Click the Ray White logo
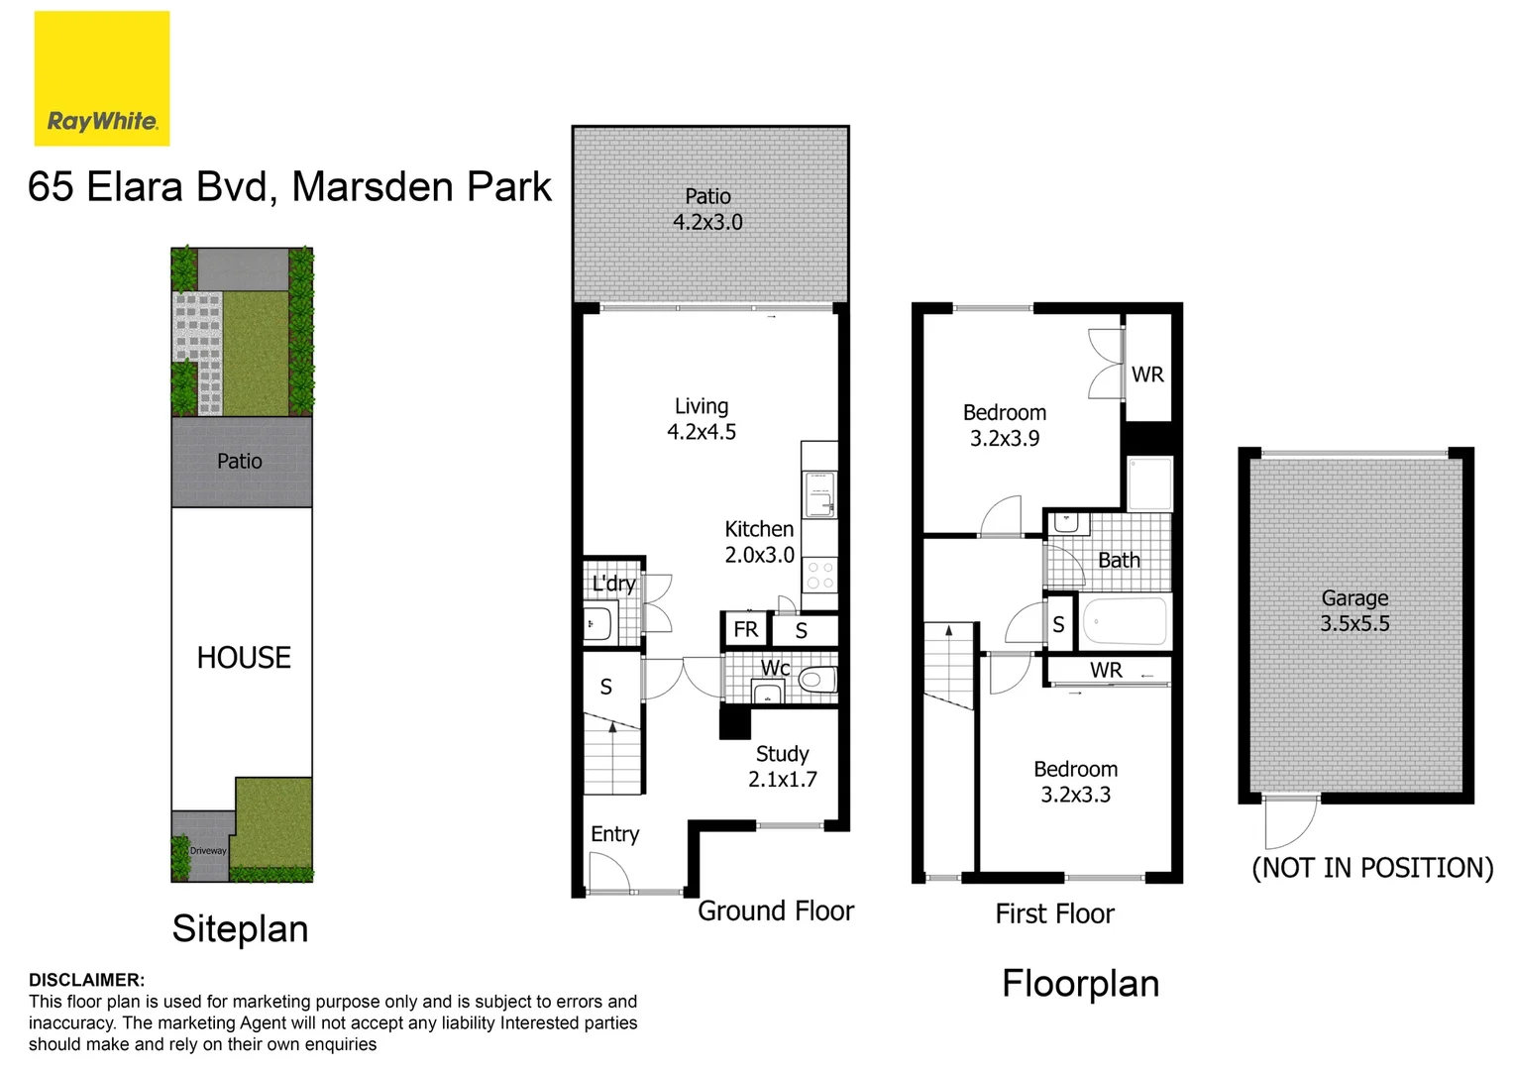point(102,79)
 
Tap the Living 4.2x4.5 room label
point(702,419)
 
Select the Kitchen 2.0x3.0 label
point(759,542)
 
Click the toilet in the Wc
point(814,680)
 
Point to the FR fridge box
point(745,629)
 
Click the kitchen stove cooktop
point(819,576)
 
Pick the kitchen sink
point(819,494)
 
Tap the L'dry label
point(613,584)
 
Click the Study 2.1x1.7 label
point(782,767)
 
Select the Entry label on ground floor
point(614,834)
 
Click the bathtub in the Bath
point(1125,622)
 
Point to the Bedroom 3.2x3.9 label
point(1005,425)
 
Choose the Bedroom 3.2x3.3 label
point(1075,782)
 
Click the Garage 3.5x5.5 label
point(1354,610)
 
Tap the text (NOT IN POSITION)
point(1372,868)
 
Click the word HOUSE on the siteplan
point(244,658)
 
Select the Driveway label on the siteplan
point(208,850)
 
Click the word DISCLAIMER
point(86,980)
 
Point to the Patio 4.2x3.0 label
point(707,209)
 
